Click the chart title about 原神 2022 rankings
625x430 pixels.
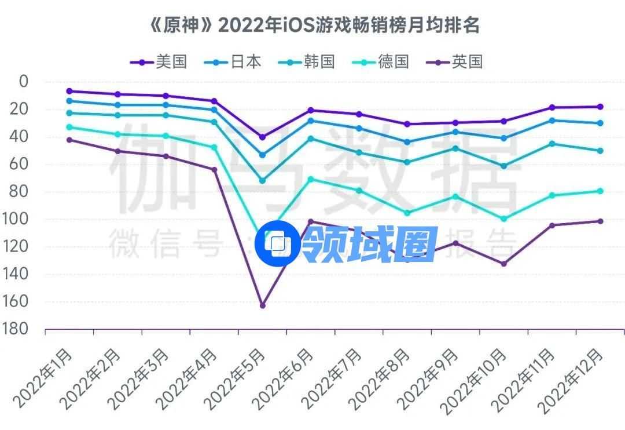[x=312, y=26]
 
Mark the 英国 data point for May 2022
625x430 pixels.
[x=262, y=305]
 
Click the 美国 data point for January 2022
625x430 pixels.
[x=69, y=91]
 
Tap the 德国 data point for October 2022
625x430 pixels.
[x=503, y=219]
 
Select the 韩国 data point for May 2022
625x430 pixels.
[x=262, y=181]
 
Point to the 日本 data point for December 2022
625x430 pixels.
[x=600, y=123]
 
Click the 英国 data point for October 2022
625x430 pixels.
[x=503, y=264]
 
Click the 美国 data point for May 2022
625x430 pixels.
[x=262, y=137]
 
